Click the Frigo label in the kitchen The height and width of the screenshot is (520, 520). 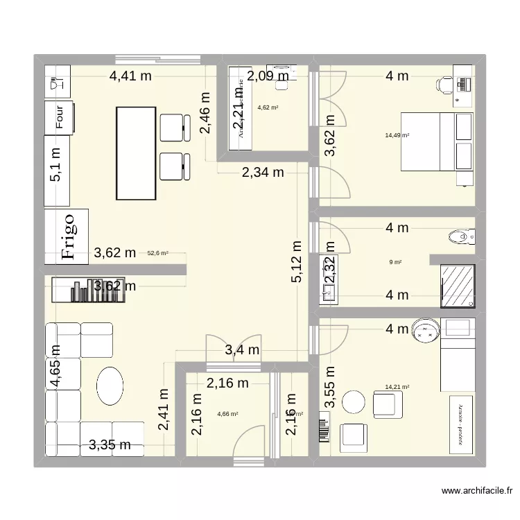(67, 236)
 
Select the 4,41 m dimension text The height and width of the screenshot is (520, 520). (130, 76)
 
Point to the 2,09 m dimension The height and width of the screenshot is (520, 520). (268, 76)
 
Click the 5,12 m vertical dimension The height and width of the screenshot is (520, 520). (297, 261)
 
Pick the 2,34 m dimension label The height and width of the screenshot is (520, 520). (263, 173)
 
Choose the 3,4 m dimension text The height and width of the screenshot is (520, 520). (242, 351)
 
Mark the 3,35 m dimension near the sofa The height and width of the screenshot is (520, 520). (110, 444)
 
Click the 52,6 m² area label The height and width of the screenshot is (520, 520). (158, 254)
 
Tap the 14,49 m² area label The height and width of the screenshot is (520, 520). (397, 136)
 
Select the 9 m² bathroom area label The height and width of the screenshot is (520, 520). (397, 262)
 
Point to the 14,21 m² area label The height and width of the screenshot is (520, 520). (397, 388)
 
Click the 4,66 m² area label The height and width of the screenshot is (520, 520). (227, 414)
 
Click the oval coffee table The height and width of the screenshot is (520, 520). (110, 385)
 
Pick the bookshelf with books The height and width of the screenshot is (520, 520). (90, 291)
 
